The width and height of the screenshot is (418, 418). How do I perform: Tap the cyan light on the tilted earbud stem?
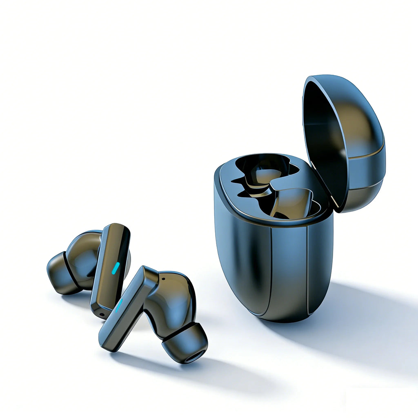coord(119,305)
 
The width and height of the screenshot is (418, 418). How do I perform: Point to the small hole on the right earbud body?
coord(164,280)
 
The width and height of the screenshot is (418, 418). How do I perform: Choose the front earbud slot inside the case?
coord(294,202)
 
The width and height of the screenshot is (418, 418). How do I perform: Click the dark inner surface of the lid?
coord(322,135)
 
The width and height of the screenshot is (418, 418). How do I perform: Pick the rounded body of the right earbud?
coord(173,298)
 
